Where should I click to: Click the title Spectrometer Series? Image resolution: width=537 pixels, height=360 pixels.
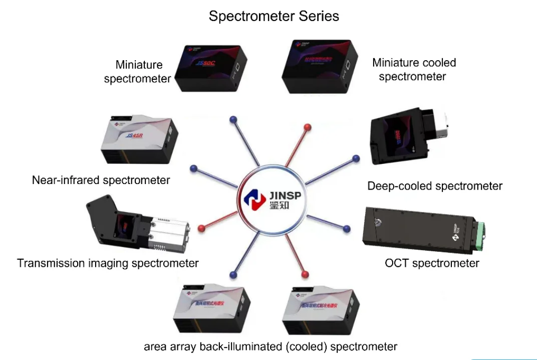(274, 16)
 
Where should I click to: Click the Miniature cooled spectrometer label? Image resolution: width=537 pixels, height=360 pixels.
(414, 70)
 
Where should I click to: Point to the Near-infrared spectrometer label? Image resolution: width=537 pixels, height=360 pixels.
(101, 180)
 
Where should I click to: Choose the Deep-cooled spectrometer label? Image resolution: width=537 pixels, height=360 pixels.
(435, 187)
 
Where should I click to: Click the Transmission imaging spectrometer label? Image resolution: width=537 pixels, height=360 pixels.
(108, 263)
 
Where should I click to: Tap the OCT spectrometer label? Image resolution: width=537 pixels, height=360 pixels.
(432, 263)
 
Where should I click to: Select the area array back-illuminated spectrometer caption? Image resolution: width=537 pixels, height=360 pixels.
(271, 346)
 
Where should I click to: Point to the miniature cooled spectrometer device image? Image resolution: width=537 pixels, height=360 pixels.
(319, 68)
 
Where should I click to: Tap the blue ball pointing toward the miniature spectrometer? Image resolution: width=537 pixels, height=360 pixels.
(232, 119)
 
